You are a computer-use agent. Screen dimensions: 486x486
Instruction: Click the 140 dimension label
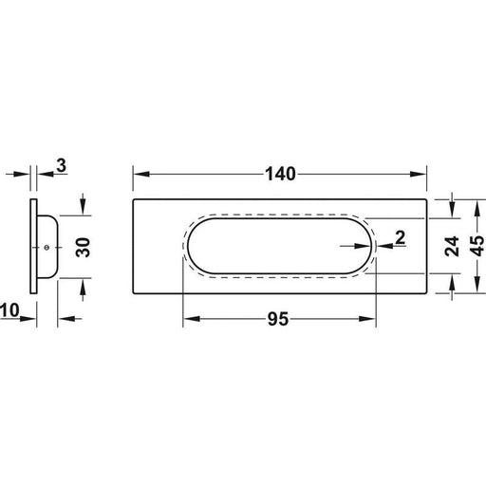pyautogui.click(x=280, y=174)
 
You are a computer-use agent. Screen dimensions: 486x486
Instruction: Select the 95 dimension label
pyautogui.click(x=278, y=319)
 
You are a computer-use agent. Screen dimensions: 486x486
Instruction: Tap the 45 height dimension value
pyautogui.click(x=477, y=246)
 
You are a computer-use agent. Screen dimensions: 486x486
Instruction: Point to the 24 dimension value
pyautogui.click(x=452, y=246)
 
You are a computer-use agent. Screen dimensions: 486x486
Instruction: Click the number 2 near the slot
pyautogui.click(x=401, y=237)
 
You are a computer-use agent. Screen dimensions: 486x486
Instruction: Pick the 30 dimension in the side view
pyautogui.click(x=84, y=247)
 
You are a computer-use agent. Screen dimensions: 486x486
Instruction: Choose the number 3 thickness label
pyautogui.click(x=61, y=165)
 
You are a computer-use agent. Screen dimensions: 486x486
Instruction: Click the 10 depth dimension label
pyautogui.click(x=9, y=310)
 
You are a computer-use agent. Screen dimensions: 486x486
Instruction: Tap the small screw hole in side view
pyautogui.click(x=47, y=248)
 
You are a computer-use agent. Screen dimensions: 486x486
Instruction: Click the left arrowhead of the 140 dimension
pyautogui.click(x=141, y=174)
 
